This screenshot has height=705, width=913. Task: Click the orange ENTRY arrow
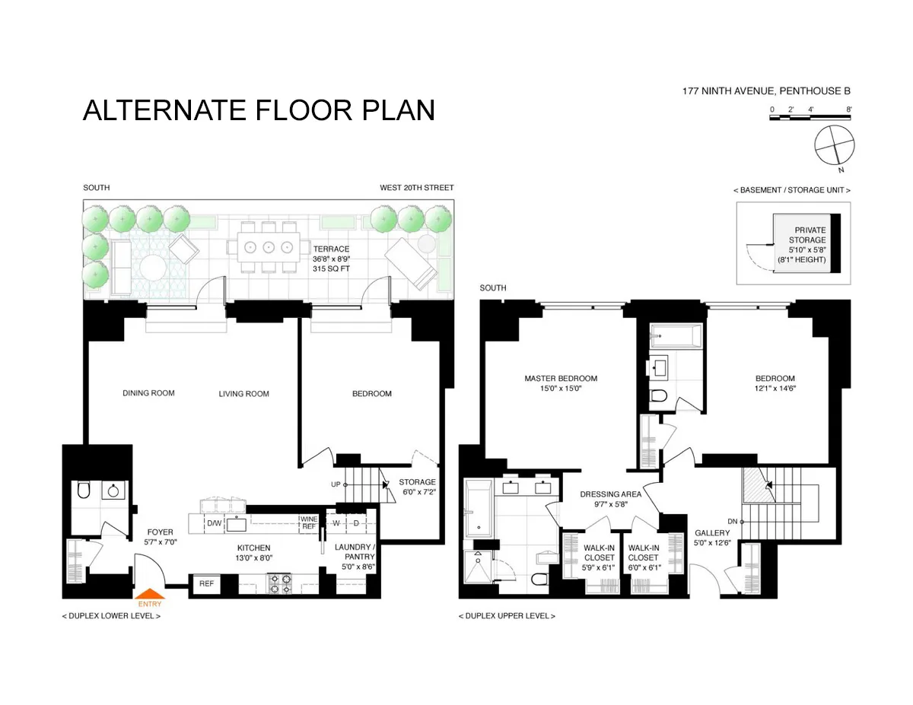coord(151,595)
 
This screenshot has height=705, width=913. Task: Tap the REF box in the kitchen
coord(206,583)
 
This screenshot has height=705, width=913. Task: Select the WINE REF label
coord(308,522)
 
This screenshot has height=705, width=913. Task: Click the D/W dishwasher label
coord(215,523)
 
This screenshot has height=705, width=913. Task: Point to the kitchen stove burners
coord(280,583)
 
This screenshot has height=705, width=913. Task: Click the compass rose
coord(835,144)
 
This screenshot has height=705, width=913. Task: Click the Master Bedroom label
coord(561,378)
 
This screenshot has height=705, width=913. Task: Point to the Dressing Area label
coord(610,494)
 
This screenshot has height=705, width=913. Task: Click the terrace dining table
coord(269,246)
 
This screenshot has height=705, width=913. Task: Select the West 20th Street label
coord(417,188)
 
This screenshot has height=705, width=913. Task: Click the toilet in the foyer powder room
coord(84,491)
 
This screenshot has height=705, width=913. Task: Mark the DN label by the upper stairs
coord(733,521)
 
